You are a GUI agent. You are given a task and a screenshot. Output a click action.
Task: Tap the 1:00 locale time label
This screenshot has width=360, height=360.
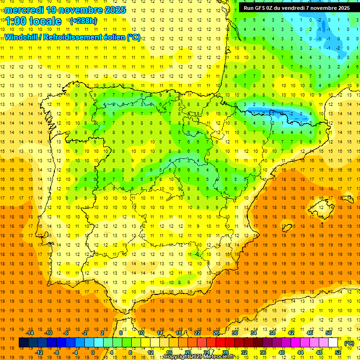point(33,21)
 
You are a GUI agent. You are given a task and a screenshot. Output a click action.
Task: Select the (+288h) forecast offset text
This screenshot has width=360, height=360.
point(83,21)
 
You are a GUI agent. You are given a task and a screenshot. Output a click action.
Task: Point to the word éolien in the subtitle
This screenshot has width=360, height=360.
point(112,37)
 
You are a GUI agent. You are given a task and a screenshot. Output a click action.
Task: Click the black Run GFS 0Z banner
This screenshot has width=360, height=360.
point(296,7)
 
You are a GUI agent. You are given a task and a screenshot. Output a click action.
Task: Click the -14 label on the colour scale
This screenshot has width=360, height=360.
point(30,332)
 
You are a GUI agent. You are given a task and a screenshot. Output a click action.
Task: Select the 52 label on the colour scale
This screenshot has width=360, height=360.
point(337,352)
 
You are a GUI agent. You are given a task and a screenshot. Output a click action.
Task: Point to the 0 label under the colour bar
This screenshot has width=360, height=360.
point(93,352)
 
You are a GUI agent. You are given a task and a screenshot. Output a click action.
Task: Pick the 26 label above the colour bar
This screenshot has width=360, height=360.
point(216,332)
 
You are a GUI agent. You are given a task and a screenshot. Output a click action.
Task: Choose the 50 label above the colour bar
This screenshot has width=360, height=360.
point(329,332)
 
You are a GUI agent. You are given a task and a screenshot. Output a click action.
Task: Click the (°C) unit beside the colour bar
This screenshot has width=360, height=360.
point(349,344)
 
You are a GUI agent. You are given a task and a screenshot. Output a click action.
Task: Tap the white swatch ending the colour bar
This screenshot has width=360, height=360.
point(333,343)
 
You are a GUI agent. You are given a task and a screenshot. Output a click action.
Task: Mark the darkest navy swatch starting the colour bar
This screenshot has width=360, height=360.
point(23,343)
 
